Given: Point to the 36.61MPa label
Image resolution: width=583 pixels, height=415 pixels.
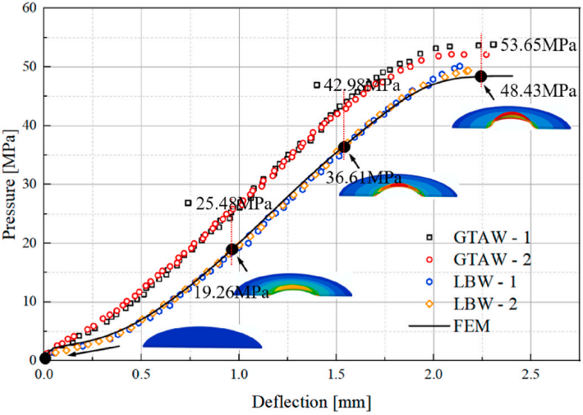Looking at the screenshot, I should click(x=372, y=177).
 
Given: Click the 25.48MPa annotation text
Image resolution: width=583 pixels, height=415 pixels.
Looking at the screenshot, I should click(x=232, y=203).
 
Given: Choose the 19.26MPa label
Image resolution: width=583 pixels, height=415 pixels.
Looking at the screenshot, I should click(x=232, y=293).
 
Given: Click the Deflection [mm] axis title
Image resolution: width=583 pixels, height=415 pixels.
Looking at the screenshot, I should click(x=311, y=403).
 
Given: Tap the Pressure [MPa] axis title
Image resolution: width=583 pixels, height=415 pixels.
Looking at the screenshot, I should click(x=11, y=182).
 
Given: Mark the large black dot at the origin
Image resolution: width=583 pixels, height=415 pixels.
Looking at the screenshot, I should click(x=45, y=358).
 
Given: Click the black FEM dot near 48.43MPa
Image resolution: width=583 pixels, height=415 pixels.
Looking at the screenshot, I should click(x=481, y=76).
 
